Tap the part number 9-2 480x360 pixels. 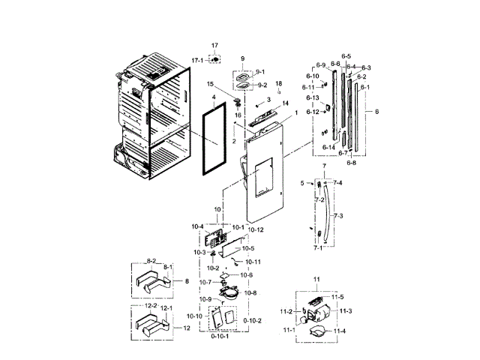[262, 86]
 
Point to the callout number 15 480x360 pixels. [211, 84]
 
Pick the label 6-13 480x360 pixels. [313, 98]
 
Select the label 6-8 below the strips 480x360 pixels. [351, 162]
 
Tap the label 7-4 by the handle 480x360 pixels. [337, 183]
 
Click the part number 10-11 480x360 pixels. [253, 262]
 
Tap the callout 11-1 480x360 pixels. [289, 330]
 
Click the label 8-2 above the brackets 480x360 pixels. [151, 261]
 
